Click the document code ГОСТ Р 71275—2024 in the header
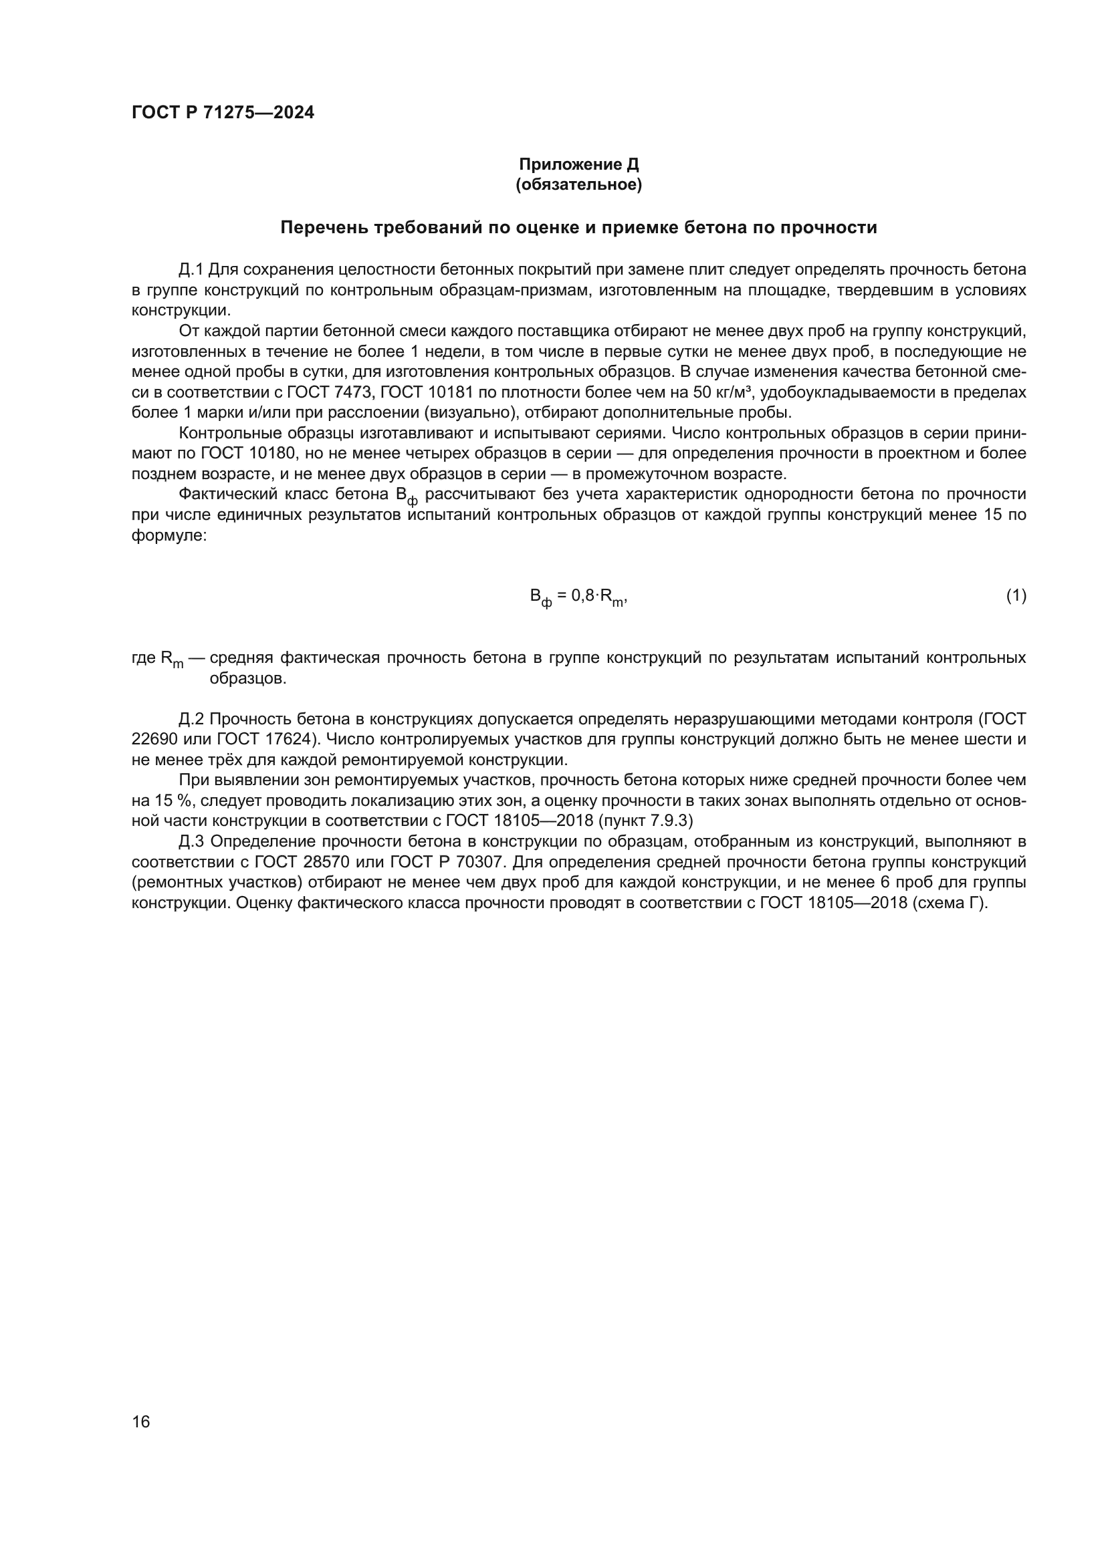(x=223, y=113)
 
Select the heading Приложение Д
(x=579, y=164)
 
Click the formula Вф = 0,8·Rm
(x=578, y=597)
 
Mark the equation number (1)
(x=1016, y=596)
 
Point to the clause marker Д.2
(x=191, y=720)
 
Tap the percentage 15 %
(x=154, y=801)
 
